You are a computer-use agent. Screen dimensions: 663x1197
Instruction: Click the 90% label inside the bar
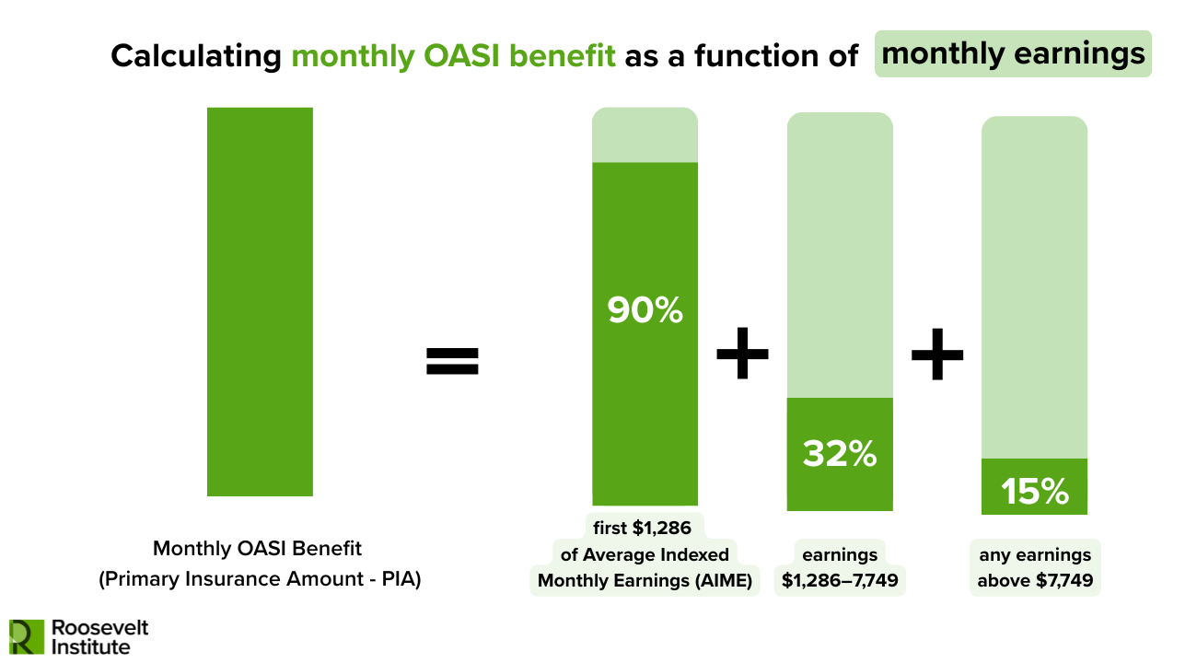[x=645, y=310]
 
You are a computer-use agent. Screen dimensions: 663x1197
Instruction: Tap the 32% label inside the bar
[x=839, y=453]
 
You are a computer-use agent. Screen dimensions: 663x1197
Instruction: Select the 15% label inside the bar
[x=1034, y=492]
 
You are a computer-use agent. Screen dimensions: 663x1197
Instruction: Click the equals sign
[x=452, y=360]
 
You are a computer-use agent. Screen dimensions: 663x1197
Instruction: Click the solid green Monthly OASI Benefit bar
[x=260, y=301]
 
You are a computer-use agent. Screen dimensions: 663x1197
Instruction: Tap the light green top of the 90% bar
[x=645, y=134]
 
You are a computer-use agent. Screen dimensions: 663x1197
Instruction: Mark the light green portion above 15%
[x=1034, y=286]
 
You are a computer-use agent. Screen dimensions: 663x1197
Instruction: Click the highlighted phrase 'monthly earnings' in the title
[x=1013, y=53]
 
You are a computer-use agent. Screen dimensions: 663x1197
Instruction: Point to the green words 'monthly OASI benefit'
[x=453, y=55]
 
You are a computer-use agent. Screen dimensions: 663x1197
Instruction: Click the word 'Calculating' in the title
[x=195, y=55]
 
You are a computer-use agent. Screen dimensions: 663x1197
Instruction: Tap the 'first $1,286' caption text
[x=644, y=528]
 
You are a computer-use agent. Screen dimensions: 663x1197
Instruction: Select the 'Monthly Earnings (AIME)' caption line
[x=645, y=580]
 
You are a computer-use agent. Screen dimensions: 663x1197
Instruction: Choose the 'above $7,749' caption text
[x=1034, y=580]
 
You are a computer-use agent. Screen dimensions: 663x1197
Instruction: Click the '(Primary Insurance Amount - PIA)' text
[x=259, y=580]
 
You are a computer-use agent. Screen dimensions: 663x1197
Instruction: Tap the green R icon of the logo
[x=26, y=636]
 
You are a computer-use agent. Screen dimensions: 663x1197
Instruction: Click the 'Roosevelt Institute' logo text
[x=99, y=636]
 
